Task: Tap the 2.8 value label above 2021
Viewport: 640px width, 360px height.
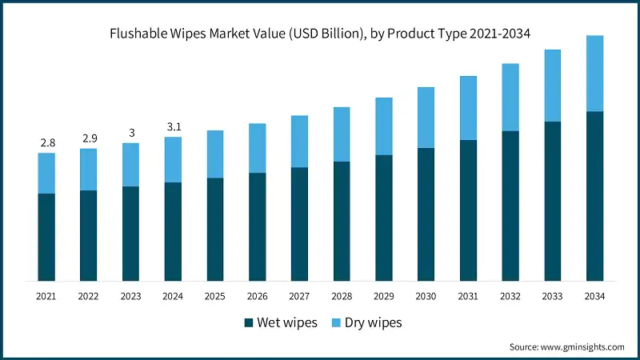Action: (47, 142)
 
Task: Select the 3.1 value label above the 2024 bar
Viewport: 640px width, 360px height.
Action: (174, 126)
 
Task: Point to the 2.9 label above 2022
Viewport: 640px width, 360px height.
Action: (89, 138)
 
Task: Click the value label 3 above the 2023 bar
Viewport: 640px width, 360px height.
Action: (131, 133)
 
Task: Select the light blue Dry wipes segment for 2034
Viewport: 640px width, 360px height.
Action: (594, 73)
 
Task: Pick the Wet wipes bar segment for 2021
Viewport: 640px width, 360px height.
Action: (47, 237)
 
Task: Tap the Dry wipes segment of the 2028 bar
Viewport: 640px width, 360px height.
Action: (342, 134)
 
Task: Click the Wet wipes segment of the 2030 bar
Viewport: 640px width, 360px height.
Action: (426, 214)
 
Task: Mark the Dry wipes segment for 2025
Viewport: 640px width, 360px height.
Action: (215, 154)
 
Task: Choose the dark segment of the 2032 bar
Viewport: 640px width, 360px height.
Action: (510, 206)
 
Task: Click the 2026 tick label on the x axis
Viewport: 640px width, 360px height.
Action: (258, 296)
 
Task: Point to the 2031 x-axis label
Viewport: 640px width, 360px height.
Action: (468, 296)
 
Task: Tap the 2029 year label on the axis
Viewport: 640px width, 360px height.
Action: (384, 296)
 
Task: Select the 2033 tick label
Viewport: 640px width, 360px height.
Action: (552, 296)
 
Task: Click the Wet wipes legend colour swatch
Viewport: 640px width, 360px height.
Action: (249, 323)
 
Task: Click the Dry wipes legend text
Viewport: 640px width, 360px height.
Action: (373, 323)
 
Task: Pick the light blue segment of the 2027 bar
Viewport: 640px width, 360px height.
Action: (299, 142)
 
